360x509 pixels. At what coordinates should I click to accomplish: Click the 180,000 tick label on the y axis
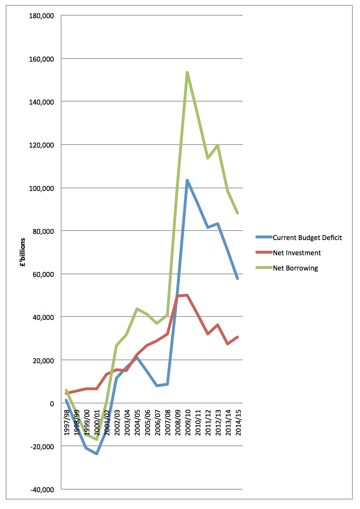[x=41, y=16]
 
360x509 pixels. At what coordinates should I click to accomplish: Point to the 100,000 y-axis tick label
[x=41, y=188]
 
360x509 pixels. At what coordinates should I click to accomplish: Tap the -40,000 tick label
[x=42, y=490]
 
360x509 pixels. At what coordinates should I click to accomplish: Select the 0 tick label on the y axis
[x=52, y=404]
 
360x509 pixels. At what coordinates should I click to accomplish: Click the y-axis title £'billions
[x=23, y=252]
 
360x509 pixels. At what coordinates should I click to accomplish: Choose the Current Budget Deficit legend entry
[x=307, y=238]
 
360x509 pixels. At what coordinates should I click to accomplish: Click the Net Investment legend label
[x=297, y=253]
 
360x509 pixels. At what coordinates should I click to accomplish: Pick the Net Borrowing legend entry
[x=295, y=268]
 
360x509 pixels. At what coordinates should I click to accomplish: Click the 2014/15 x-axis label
[x=238, y=422]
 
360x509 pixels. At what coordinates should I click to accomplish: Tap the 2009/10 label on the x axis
[x=188, y=422]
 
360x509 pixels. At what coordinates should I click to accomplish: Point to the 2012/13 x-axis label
[x=218, y=422]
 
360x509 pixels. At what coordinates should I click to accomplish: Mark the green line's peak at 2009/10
[x=187, y=72]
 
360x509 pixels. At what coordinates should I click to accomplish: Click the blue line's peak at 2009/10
[x=187, y=180]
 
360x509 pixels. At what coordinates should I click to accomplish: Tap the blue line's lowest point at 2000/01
[x=97, y=453]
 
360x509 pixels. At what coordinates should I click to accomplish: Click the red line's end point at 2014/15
[x=237, y=337]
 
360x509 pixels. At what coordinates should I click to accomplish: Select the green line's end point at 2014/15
[x=237, y=213]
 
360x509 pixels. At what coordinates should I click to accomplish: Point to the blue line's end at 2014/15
[x=237, y=278]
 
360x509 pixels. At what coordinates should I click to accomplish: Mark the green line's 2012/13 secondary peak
[x=218, y=145]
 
